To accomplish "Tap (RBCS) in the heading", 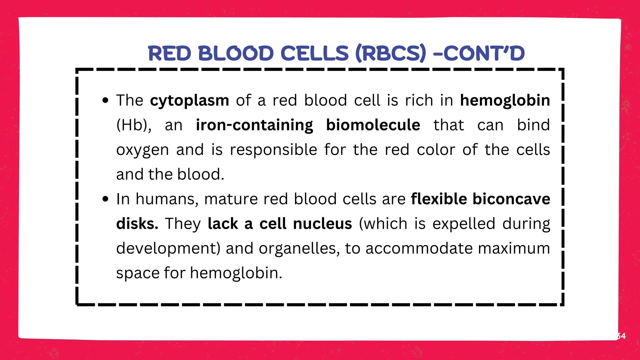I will pyautogui.click(x=391, y=53).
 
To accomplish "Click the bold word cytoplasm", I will pyautogui.click(x=189, y=101).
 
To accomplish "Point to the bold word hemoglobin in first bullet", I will pyautogui.click(x=505, y=101).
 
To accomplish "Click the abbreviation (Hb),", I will pyautogui.click(x=134, y=125).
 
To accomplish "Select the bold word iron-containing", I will pyautogui.click(x=254, y=125).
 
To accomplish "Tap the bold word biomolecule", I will pyautogui.click(x=373, y=125).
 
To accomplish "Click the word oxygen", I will pyautogui.click(x=142, y=150).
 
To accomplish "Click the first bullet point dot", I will pyautogui.click(x=106, y=101).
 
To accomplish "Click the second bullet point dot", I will pyautogui.click(x=106, y=199).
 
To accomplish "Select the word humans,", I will pyautogui.click(x=167, y=199).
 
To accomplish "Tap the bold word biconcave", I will pyautogui.click(x=511, y=199).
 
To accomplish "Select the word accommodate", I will pyautogui.click(x=419, y=249).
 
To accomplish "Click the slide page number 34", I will pyautogui.click(x=621, y=336).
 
